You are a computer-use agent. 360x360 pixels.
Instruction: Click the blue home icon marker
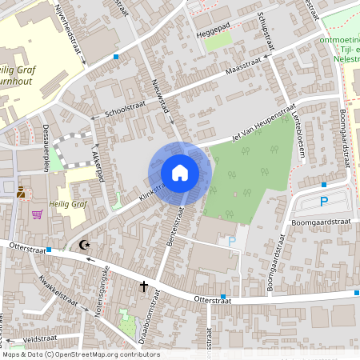coord(180,172)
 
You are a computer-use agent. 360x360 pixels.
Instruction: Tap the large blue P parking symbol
coord(324,202)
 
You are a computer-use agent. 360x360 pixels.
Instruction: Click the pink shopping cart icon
coord(37,214)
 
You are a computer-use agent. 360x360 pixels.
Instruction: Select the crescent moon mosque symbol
coord(86,245)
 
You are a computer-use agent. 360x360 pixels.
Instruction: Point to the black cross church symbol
coord(145,285)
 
